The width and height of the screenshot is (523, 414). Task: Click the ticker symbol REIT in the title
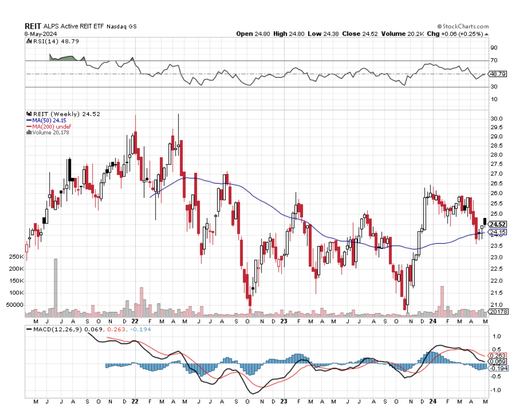coord(33,27)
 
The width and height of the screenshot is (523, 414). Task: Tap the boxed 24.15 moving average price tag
coord(497,232)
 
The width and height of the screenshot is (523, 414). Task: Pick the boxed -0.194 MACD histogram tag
coord(497,368)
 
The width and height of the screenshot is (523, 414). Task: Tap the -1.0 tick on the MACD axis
coord(496,390)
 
